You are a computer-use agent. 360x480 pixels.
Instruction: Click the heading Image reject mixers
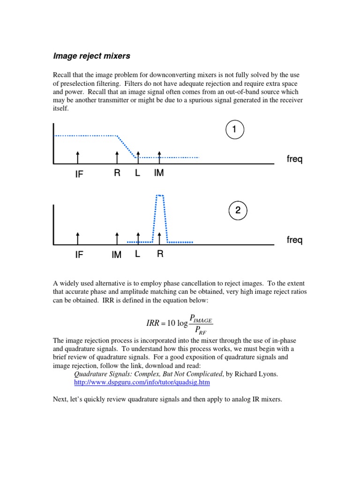tap(91, 56)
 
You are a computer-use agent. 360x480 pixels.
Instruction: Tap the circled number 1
tap(233, 131)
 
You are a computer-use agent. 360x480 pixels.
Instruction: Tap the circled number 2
tap(238, 210)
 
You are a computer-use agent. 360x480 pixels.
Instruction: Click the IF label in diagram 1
tap(79, 174)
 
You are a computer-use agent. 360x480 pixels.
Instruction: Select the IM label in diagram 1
tap(159, 173)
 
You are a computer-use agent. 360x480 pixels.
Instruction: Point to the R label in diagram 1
tap(117, 173)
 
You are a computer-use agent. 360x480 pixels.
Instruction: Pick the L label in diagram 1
tap(138, 173)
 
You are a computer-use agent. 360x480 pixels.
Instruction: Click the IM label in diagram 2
tap(117, 255)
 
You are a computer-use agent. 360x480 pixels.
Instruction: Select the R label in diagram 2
tap(160, 254)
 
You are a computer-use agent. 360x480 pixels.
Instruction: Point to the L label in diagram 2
tap(138, 254)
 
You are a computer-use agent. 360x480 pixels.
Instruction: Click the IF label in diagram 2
tap(79, 255)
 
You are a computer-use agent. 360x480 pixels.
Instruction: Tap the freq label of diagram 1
tap(294, 160)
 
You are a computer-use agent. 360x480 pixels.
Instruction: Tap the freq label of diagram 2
tap(294, 240)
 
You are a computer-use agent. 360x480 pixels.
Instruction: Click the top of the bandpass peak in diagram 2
tap(160, 195)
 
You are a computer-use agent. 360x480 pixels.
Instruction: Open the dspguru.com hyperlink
tap(142, 382)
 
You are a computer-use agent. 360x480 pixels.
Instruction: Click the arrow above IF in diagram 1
tap(77, 157)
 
